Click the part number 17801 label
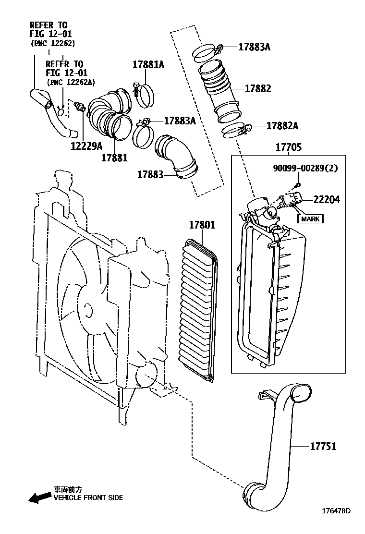[x=202, y=225]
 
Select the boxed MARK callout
[x=310, y=218]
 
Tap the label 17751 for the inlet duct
[x=323, y=446]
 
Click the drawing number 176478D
[x=336, y=510]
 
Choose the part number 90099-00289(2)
[x=305, y=168]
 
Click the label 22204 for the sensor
[x=327, y=199]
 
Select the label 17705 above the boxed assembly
[x=288, y=147]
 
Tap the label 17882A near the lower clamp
[x=282, y=126]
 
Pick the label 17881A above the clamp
[x=148, y=64]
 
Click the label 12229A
[x=86, y=146]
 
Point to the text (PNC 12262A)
[x=71, y=82]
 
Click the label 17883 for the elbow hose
[x=150, y=174]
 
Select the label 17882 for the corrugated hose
[x=258, y=88]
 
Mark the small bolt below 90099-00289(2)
[x=298, y=185]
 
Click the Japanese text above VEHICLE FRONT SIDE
[x=68, y=490]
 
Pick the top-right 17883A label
[x=255, y=47]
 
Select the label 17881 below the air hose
[x=114, y=158]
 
